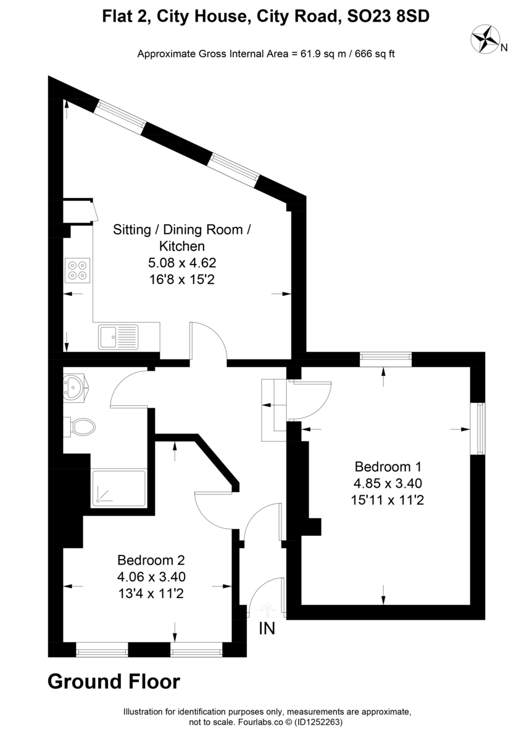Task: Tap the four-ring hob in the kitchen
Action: point(77,269)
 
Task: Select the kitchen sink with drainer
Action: point(118,337)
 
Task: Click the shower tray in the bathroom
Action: point(118,489)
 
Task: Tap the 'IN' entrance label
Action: point(267,628)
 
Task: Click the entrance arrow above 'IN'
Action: point(267,609)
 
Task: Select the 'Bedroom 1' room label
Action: point(387,466)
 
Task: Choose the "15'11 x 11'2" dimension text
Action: point(387,500)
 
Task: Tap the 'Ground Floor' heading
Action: point(114,681)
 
